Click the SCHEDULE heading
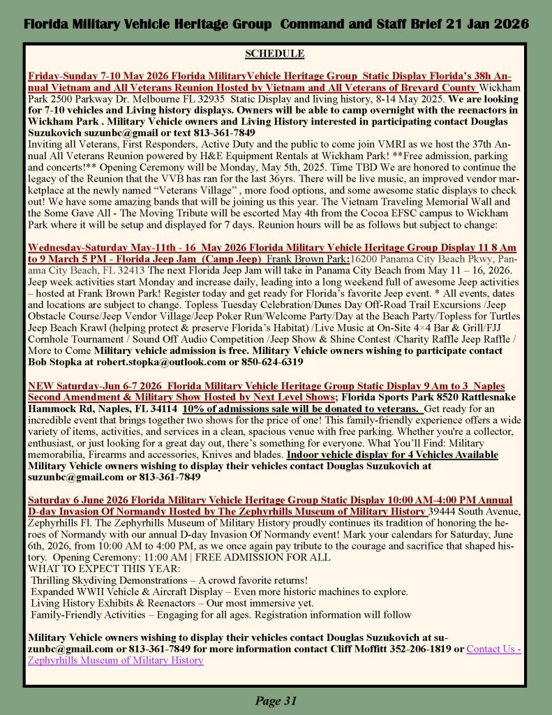[x=274, y=53]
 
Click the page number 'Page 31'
[x=276, y=701]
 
